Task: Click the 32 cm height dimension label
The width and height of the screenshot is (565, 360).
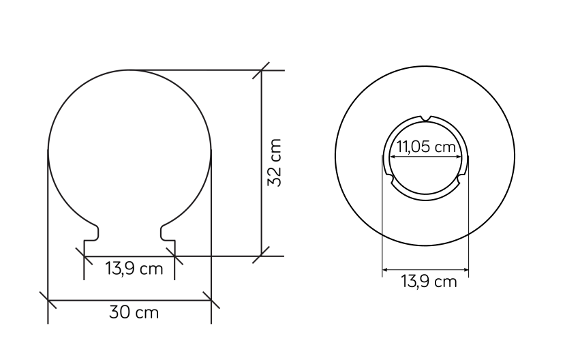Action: click(274, 162)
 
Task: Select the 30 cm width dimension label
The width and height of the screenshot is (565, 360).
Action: click(134, 312)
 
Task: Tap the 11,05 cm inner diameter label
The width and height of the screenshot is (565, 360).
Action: click(426, 147)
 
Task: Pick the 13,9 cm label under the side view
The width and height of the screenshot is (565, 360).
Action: click(134, 269)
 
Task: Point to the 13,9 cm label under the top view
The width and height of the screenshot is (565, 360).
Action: click(429, 281)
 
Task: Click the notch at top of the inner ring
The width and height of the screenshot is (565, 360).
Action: click(426, 118)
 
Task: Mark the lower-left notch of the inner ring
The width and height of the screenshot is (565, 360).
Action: click(390, 179)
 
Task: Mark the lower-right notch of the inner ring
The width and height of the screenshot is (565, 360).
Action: click(461, 179)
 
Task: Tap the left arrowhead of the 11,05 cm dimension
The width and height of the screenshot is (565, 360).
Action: click(393, 157)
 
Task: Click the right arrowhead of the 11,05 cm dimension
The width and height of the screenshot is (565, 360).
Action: click(459, 157)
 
